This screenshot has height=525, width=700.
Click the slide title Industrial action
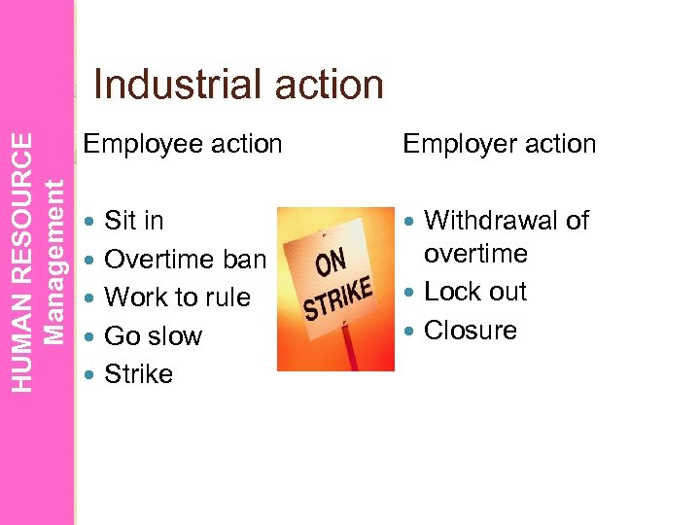pyautogui.click(x=238, y=85)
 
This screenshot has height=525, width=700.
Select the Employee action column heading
pyautogui.click(x=183, y=144)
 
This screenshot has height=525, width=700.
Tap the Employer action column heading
pyautogui.click(x=499, y=144)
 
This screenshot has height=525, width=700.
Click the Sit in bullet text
pyautogui.click(x=133, y=221)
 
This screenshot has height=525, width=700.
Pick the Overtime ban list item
pyautogui.click(x=184, y=260)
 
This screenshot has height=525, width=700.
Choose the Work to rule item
pyautogui.click(x=176, y=297)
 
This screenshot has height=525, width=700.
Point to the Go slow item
pyautogui.click(x=152, y=336)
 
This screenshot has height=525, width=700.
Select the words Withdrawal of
pyautogui.click(x=507, y=221)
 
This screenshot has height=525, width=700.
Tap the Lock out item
pyautogui.click(x=474, y=292)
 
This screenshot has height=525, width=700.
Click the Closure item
pyautogui.click(x=471, y=331)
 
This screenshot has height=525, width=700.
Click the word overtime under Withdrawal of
pyautogui.click(x=474, y=255)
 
